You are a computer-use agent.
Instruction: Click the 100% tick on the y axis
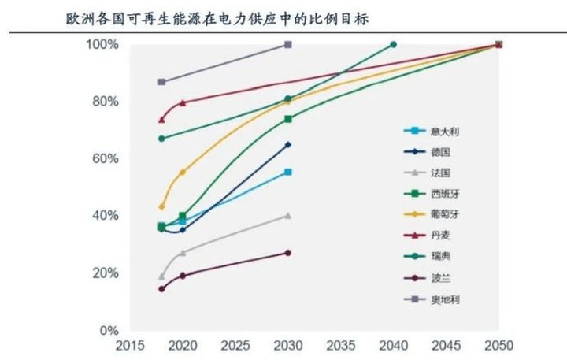click(x=102, y=44)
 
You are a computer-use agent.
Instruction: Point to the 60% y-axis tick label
click(x=106, y=158)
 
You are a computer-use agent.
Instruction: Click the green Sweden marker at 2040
click(x=394, y=45)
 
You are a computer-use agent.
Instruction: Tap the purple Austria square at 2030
click(x=288, y=45)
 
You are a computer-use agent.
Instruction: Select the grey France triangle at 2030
click(x=288, y=215)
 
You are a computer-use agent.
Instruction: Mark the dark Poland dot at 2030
click(x=288, y=253)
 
